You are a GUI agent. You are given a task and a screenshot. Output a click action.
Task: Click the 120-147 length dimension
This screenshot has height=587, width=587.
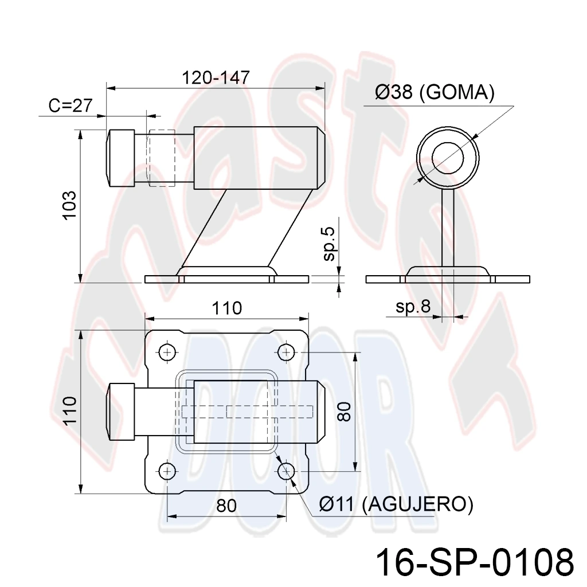tap(216, 77)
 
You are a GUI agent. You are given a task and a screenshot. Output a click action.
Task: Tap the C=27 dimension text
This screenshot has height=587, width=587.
tap(71, 105)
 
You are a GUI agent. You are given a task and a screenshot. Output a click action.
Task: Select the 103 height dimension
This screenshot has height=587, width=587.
tap(69, 206)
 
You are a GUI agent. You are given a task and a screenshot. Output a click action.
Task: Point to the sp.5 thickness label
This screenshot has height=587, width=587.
tap(329, 244)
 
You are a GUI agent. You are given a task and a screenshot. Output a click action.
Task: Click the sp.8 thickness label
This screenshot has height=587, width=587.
tap(413, 307)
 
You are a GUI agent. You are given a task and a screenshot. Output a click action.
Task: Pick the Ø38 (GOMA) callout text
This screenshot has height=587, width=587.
tap(435, 92)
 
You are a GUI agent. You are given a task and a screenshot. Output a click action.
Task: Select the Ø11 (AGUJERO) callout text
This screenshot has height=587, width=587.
tap(396, 504)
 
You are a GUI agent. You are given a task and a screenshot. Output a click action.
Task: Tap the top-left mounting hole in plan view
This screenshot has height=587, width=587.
tap(167, 353)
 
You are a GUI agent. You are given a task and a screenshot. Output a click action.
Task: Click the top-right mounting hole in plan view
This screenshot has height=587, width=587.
tap(287, 353)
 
